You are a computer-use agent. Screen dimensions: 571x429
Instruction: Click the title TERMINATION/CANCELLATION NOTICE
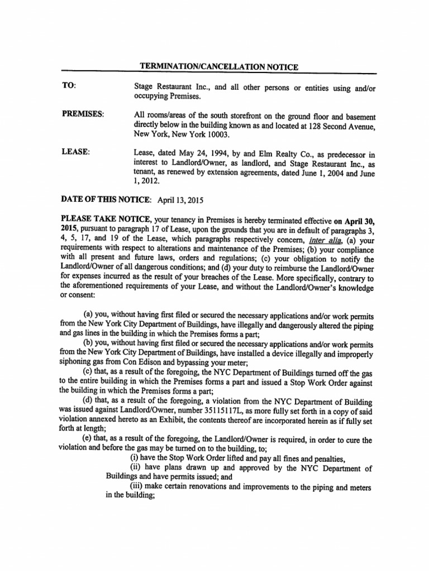[x=218, y=67]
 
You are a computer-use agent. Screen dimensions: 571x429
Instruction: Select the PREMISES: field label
[x=83, y=115]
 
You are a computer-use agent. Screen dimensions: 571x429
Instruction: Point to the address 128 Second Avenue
[x=337, y=125]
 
